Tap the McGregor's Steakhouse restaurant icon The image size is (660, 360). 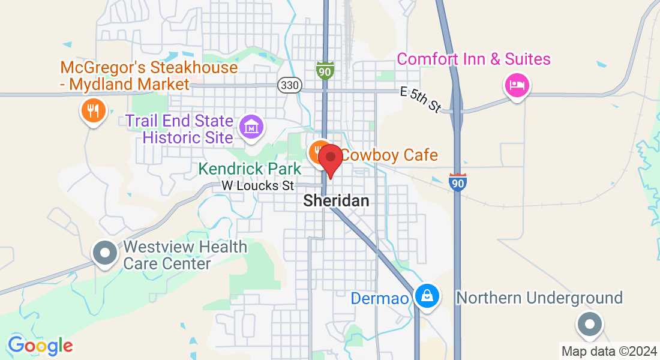[x=93, y=110]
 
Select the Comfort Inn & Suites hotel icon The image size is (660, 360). [x=517, y=85]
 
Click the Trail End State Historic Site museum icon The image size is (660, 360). [x=251, y=126]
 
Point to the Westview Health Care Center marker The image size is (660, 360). [x=106, y=253]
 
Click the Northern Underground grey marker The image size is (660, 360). [x=589, y=323]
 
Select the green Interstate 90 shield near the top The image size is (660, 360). [x=325, y=70]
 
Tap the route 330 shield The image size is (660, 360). [x=289, y=85]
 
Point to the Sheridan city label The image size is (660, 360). [x=336, y=200]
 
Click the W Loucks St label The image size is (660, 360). [x=258, y=186]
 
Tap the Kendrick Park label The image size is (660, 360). [x=250, y=169]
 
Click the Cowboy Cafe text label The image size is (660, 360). [x=389, y=155]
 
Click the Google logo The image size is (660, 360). [x=40, y=346]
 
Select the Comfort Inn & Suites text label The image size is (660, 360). [x=473, y=59]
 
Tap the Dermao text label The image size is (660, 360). [x=380, y=298]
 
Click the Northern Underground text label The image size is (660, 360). [x=539, y=298]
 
